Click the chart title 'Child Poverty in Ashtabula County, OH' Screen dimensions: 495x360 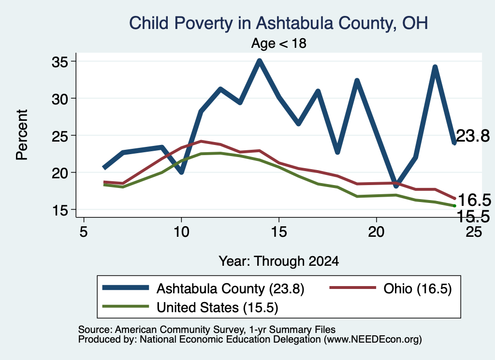tap(278, 23)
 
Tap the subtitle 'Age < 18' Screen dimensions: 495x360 tap(279, 43)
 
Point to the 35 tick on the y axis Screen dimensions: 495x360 tap(60, 62)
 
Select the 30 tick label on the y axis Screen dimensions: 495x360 tap(60, 99)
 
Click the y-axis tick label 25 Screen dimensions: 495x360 tap(60, 136)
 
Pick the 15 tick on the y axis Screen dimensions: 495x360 tap(60, 210)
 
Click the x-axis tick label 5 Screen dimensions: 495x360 tap(83, 232)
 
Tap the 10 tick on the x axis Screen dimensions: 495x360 tap(181, 232)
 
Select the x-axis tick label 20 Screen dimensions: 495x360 tap(376, 232)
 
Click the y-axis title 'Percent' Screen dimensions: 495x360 tap(22, 135)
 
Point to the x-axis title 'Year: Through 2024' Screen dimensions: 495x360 tap(279, 261)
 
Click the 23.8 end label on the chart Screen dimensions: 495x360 tap(473, 136)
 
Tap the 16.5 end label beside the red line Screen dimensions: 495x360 tap(474, 200)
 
